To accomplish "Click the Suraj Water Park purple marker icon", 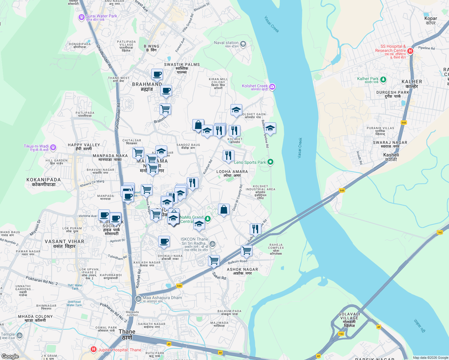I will (x=81, y=17).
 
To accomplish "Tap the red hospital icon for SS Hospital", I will (x=410, y=51).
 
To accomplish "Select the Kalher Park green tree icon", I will (x=383, y=80).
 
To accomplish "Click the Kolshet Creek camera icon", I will (x=272, y=87).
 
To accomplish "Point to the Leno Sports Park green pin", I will (x=270, y=162).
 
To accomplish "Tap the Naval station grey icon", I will (x=243, y=44).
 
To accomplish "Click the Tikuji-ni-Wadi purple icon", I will (x=53, y=147).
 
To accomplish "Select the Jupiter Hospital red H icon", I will (x=94, y=349).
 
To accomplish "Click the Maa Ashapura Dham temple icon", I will (x=138, y=299).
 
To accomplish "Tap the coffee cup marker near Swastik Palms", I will (x=157, y=74).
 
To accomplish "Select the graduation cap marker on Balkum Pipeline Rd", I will (x=270, y=128).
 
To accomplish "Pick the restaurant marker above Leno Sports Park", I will (x=228, y=155).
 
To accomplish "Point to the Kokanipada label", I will (x=44, y=182).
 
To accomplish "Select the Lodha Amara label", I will (x=232, y=173).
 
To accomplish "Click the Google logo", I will (x=10, y=356).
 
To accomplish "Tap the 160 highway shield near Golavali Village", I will (x=341, y=334).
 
